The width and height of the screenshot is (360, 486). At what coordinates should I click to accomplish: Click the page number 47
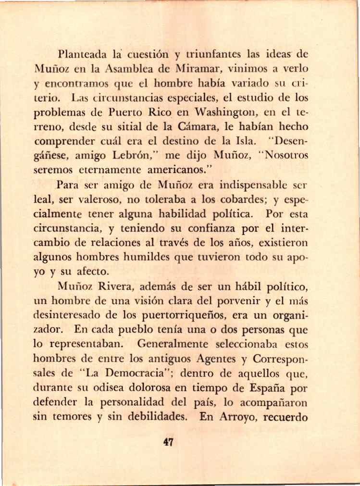pyautogui.click(x=168, y=442)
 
